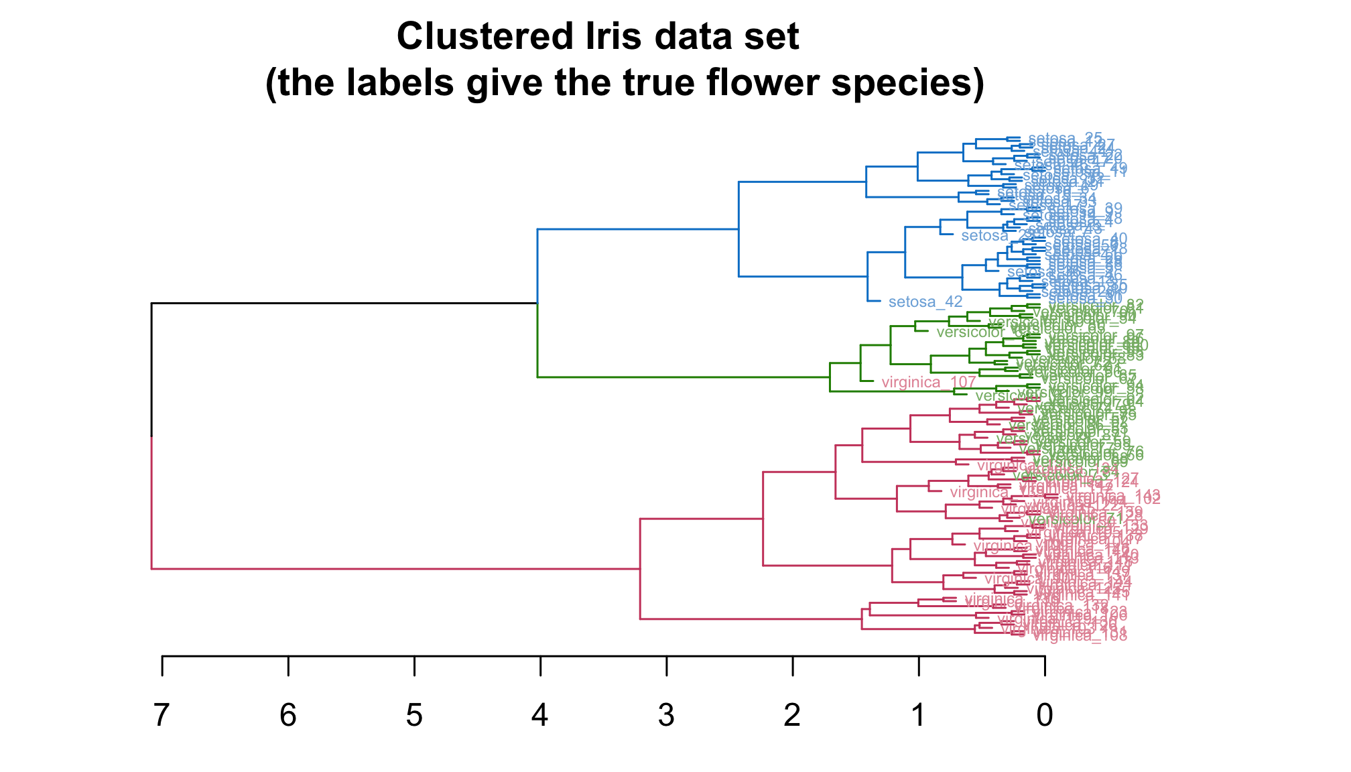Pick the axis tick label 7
[162, 716]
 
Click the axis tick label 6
[288, 716]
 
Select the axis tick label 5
[414, 716]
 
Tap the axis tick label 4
[540, 716]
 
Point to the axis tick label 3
[666, 716]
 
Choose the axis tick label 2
[792, 716]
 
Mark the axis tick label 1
[918, 716]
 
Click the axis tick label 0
[1044, 716]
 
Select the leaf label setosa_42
[925, 302]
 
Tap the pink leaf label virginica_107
[928, 383]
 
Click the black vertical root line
[151, 369]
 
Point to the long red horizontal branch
[395, 569]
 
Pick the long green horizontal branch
[684, 377]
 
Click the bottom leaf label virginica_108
[1080, 636]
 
